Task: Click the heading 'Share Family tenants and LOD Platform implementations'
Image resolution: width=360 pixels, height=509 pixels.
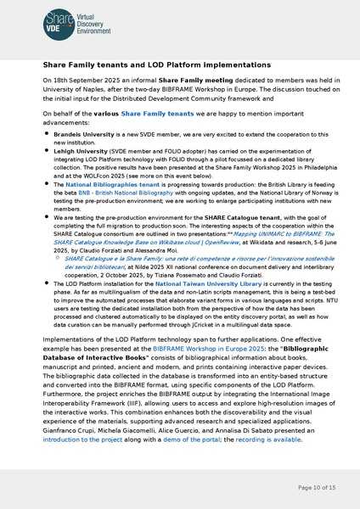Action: click(157, 65)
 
